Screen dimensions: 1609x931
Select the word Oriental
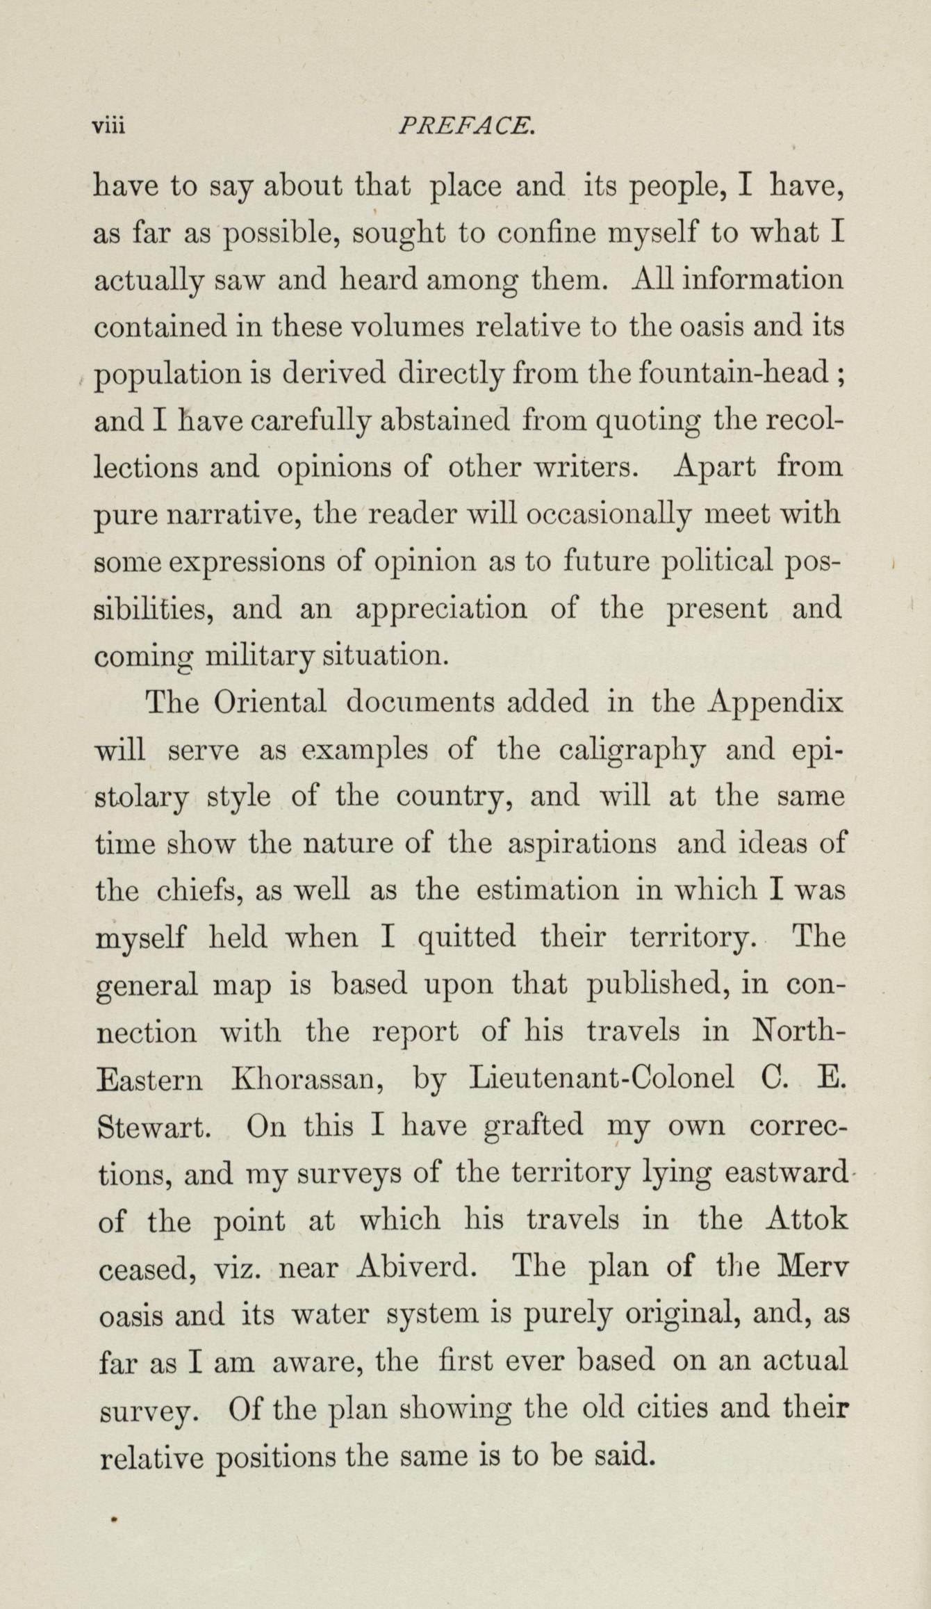point(271,703)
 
